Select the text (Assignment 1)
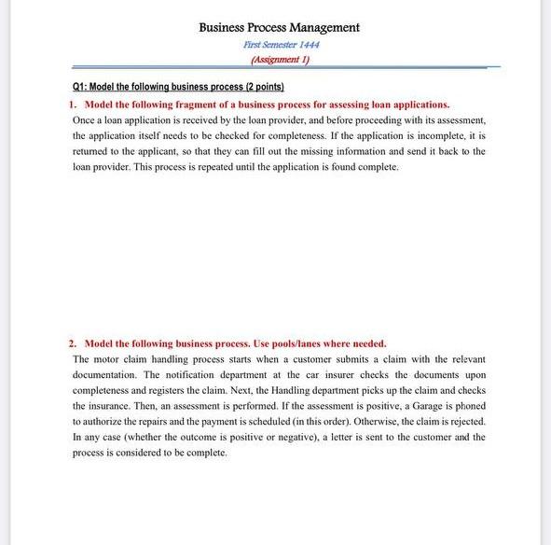coord(280,59)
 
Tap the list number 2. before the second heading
coord(75,343)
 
